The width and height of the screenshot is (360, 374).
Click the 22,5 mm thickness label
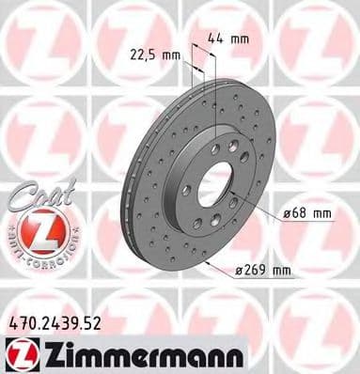pos(154,55)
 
